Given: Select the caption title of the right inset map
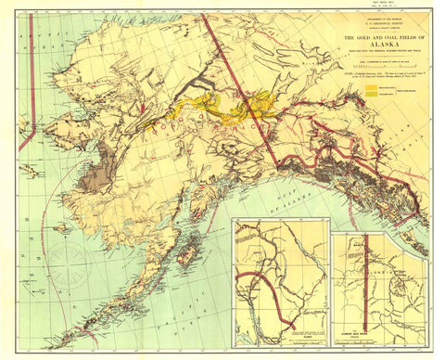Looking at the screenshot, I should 375,337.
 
